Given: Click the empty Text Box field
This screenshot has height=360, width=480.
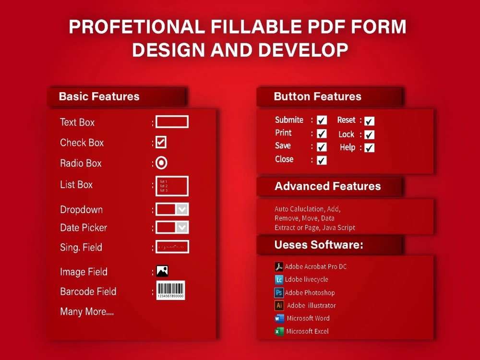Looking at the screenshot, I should [x=172, y=122].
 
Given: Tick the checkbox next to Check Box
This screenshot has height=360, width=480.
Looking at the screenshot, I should [x=161, y=142].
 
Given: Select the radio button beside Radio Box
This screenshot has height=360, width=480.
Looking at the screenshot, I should [x=162, y=163].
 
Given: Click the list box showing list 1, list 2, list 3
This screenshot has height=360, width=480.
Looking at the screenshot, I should [x=172, y=186].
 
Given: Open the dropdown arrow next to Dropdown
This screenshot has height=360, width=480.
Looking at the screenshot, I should [x=182, y=209].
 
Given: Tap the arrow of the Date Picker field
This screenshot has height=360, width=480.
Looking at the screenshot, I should [x=182, y=227].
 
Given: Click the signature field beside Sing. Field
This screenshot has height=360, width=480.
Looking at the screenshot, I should [x=172, y=247].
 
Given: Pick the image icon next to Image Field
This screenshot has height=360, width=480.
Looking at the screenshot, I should [x=162, y=271].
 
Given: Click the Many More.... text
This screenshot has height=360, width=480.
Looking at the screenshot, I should [x=87, y=312].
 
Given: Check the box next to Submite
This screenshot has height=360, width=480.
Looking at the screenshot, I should [x=322, y=120].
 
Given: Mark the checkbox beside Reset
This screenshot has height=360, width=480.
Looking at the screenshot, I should [x=370, y=121].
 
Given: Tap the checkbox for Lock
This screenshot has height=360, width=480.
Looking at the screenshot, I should [x=370, y=135].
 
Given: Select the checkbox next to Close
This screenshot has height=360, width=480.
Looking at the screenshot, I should [x=322, y=160].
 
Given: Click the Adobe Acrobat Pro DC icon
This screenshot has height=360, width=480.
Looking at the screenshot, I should [x=279, y=267].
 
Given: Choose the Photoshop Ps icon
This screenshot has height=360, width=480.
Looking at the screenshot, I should [x=279, y=292].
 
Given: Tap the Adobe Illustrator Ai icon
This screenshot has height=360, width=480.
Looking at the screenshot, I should [x=279, y=305].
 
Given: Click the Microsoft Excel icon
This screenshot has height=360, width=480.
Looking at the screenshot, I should [x=279, y=331].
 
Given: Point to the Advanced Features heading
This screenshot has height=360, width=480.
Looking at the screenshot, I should [x=328, y=186].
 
